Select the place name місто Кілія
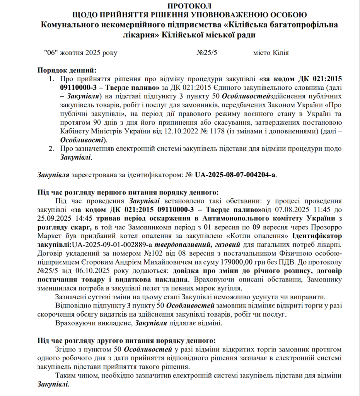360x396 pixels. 271,53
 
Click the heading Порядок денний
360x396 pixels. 66,70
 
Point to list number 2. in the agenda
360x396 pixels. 51,148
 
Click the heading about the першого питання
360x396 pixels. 128,192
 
